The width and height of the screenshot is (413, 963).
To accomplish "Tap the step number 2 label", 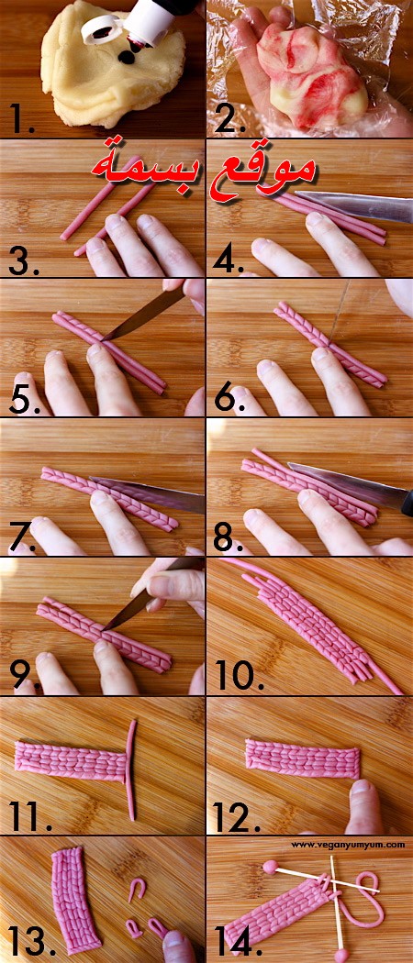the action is (229, 120).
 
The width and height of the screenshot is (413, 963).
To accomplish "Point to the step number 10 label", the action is (239, 676).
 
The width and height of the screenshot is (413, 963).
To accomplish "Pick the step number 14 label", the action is (237, 941).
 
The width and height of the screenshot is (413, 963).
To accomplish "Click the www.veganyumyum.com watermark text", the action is (348, 845).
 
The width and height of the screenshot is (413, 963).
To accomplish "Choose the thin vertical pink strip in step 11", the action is (131, 769).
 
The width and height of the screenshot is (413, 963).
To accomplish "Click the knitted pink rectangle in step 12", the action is (302, 758).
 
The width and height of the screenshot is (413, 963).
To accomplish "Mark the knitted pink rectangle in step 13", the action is (75, 901).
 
